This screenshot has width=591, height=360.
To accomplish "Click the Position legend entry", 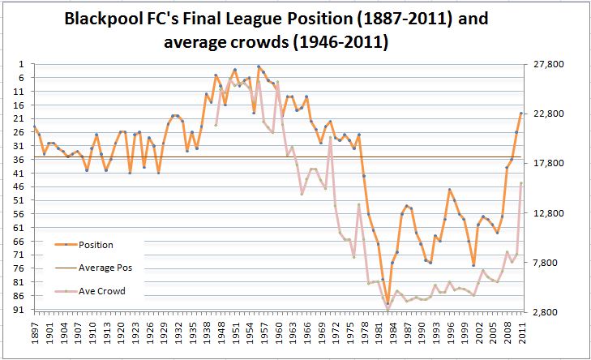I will tap(96, 244).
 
